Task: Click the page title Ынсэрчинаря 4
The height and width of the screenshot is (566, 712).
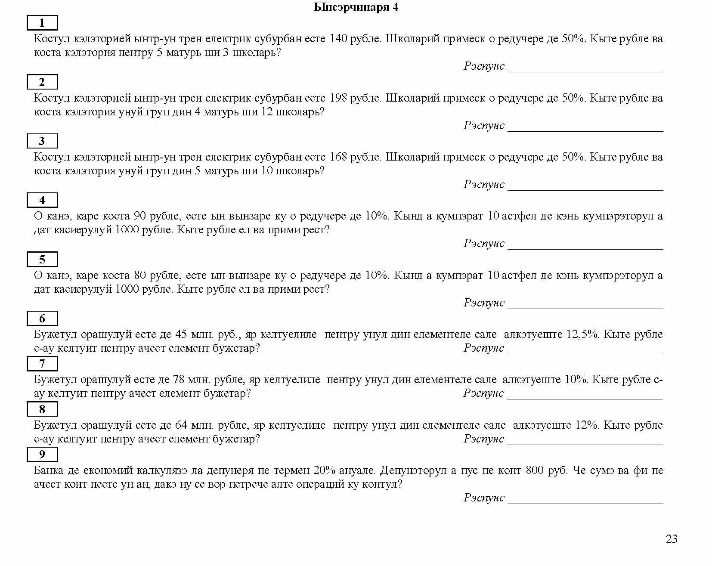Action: tap(356, 7)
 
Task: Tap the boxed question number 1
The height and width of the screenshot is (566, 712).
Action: tap(42, 23)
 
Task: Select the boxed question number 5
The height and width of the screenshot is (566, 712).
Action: tap(42, 260)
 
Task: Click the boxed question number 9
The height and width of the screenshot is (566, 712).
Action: tap(42, 455)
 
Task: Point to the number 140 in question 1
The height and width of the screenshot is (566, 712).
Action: tap(338, 39)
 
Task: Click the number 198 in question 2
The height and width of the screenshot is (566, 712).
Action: tap(338, 98)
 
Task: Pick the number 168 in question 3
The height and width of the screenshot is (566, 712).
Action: tap(338, 157)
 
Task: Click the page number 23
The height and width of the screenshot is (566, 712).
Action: tap(672, 539)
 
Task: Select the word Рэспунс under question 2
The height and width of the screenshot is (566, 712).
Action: tap(484, 126)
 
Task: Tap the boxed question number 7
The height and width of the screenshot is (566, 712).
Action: tap(42, 364)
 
